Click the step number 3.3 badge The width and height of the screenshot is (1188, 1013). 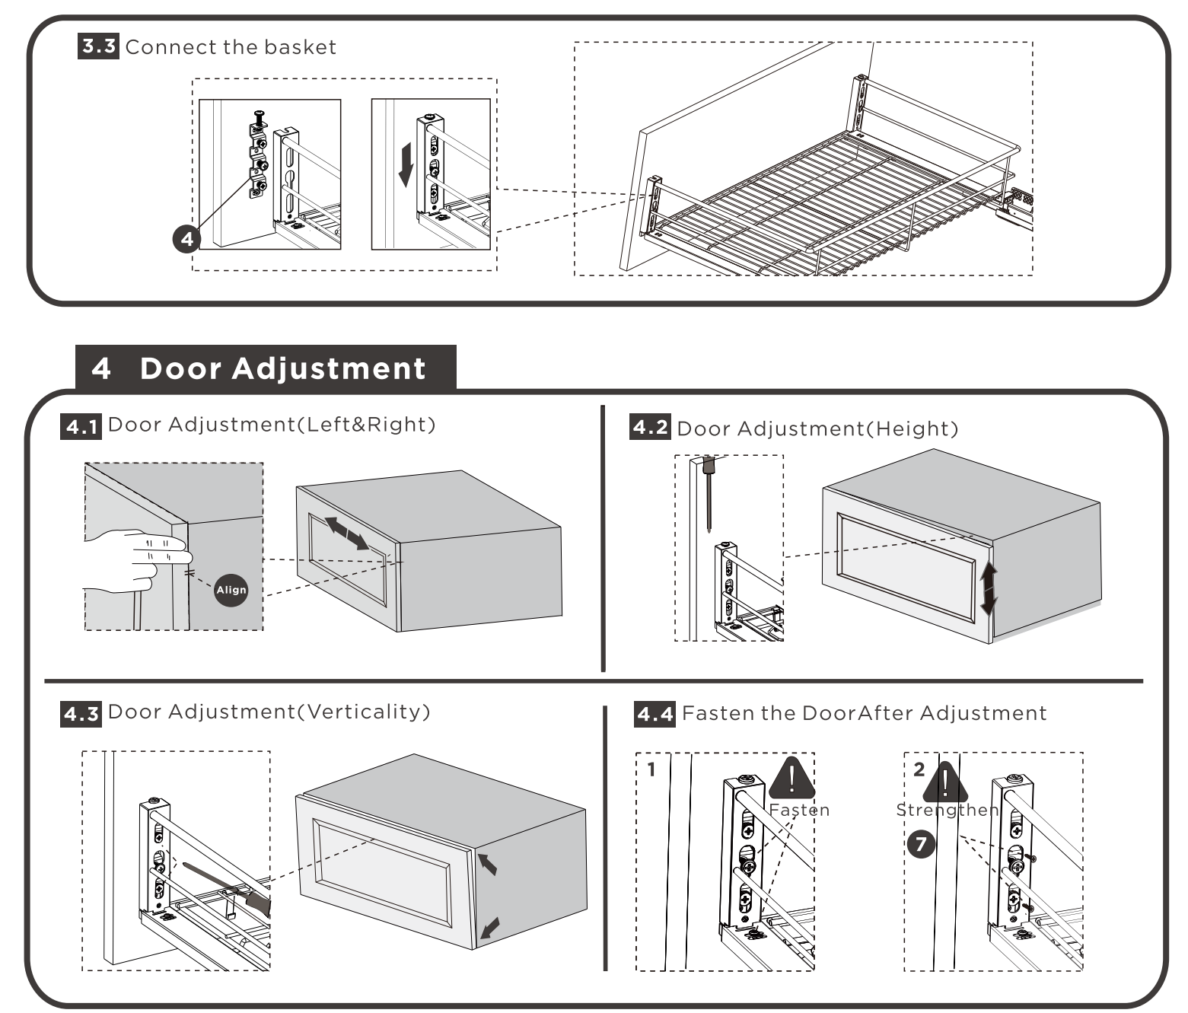(x=98, y=46)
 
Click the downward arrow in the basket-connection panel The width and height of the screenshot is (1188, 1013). (x=406, y=164)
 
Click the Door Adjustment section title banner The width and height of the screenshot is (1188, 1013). (x=266, y=368)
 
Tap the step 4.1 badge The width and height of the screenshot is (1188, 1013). (x=81, y=426)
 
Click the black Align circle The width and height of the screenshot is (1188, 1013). (x=231, y=590)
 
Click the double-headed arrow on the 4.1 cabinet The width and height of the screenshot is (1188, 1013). (x=347, y=533)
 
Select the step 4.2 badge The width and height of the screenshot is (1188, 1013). (x=651, y=428)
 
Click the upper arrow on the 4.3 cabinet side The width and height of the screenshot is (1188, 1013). (x=487, y=863)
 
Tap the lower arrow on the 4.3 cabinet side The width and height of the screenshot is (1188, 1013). (x=489, y=928)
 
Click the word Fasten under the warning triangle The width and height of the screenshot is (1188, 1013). (x=799, y=810)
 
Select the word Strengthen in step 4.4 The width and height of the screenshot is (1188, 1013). (x=947, y=810)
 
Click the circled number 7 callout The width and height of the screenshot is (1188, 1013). (x=921, y=843)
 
